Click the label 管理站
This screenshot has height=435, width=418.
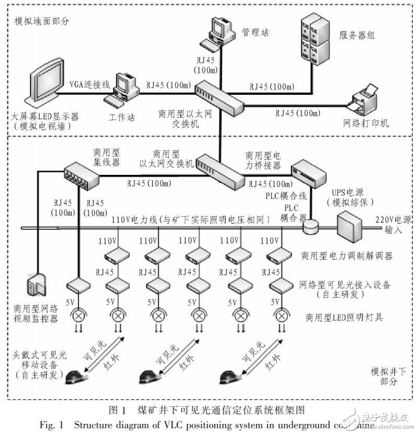[x=255, y=32]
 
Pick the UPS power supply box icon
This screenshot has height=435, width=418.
[x=349, y=226]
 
